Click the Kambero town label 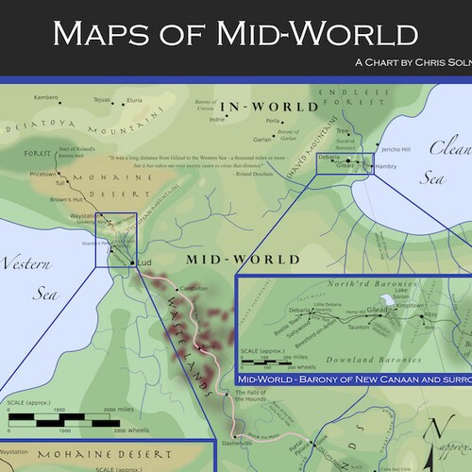[x=46, y=97]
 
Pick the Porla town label [x=274, y=120]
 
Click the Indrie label [x=217, y=120]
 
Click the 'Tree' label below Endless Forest [x=343, y=130]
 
